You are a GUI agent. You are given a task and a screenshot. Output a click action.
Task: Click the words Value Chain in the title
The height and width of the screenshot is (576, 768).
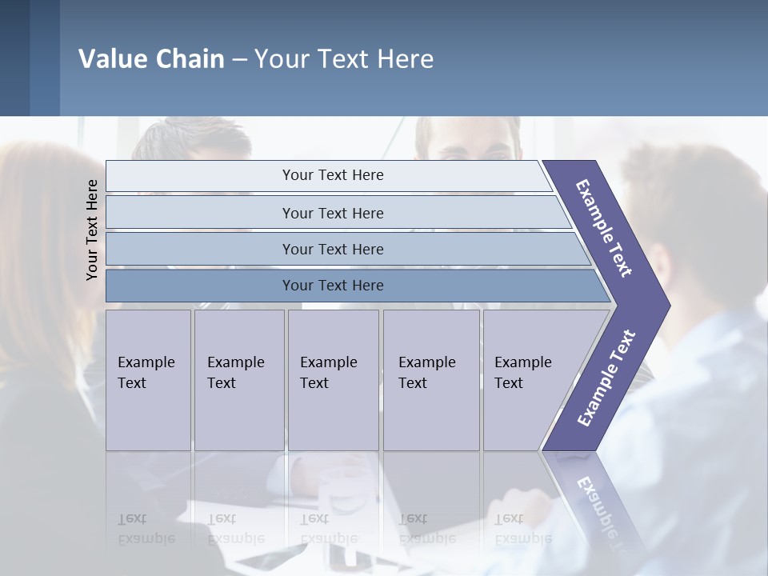151,59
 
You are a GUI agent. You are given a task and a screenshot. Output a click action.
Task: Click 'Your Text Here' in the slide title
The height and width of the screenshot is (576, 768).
344,59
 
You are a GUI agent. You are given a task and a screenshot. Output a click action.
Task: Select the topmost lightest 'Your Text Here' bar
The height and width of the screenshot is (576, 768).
333,175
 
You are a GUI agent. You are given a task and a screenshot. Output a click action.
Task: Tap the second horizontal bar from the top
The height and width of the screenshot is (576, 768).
333,213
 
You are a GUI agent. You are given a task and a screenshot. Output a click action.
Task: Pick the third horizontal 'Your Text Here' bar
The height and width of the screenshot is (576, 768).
333,249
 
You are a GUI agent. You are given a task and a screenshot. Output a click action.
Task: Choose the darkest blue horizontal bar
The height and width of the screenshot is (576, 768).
333,286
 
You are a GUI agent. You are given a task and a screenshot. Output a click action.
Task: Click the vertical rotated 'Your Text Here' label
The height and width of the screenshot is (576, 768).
92,230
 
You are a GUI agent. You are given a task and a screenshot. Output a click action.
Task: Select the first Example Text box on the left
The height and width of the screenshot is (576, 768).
148,379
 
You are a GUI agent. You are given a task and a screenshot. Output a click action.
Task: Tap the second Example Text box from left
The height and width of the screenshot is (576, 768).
238,379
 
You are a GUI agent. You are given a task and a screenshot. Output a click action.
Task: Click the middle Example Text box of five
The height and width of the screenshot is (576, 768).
332,379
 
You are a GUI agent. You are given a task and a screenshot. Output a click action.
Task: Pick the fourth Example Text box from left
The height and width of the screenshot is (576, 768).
430,379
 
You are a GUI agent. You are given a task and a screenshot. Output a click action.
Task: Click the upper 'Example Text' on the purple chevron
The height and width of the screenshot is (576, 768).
604,227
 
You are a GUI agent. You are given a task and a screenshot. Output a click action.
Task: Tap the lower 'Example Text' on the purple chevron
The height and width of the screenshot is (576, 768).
606,378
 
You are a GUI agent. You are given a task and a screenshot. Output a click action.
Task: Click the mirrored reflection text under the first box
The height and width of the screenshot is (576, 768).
146,529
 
